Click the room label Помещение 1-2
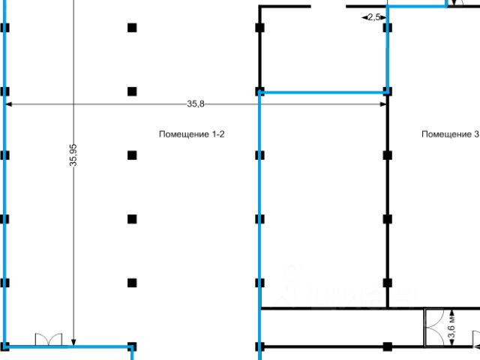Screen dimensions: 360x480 pyautogui.click(x=192, y=134)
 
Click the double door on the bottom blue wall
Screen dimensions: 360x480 pyautogui.click(x=47, y=340)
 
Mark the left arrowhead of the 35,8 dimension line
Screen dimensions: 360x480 pyautogui.click(x=8, y=104)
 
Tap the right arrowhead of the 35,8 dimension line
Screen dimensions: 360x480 pyautogui.click(x=383, y=104)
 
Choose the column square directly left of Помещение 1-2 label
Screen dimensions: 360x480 pyautogui.click(x=132, y=155)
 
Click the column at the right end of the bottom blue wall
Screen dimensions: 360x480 pyautogui.click(x=132, y=346)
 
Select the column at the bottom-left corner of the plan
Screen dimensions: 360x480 pyautogui.click(x=5, y=346)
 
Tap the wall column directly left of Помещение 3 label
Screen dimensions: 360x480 pyautogui.click(x=387, y=155)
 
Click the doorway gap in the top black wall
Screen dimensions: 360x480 pyautogui.click(x=328, y=6)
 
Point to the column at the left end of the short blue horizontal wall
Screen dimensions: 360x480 pyautogui.click(x=259, y=91)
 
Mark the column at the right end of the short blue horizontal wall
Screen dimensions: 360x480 pyautogui.click(x=387, y=91)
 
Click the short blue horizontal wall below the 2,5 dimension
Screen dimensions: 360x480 pyautogui.click(x=323, y=92)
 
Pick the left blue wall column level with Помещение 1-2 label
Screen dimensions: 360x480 pyautogui.click(x=5, y=155)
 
